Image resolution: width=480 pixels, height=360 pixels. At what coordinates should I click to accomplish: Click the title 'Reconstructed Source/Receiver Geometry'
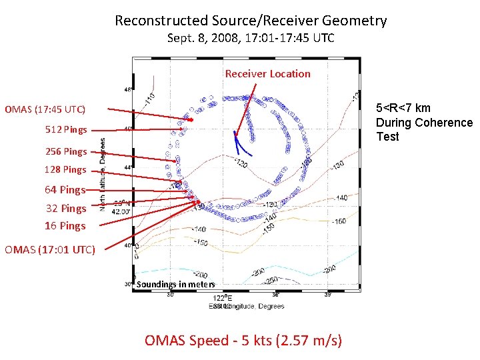251,21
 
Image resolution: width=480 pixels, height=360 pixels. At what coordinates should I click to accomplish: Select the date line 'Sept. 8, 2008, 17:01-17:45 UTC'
251,39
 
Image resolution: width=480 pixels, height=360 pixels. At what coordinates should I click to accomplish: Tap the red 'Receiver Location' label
267,74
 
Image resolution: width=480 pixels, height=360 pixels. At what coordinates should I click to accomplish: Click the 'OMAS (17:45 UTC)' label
45,109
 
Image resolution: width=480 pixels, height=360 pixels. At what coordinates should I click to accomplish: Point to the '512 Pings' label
66,129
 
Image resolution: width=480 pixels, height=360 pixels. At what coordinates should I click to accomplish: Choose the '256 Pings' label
66,151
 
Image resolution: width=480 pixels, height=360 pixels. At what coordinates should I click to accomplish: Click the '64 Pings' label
65,190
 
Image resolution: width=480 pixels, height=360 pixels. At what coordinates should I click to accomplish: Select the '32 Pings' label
66,208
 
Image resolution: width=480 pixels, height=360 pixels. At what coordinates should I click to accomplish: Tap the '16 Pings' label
65,225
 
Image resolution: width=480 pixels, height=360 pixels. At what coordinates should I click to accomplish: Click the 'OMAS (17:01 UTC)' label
50,250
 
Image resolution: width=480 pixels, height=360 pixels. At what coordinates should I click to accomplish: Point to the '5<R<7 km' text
403,108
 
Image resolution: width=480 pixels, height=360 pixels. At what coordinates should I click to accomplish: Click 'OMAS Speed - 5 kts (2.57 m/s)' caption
243,341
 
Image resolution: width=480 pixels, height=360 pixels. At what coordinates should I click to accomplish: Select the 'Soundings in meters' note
176,285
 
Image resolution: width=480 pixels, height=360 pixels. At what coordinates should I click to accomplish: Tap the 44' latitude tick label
127,167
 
